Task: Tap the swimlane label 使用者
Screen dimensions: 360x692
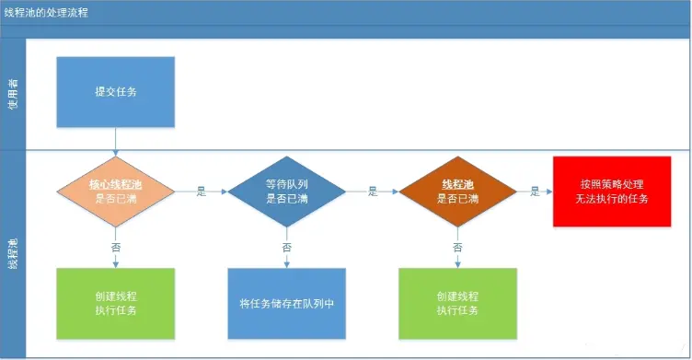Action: pyautogui.click(x=13, y=92)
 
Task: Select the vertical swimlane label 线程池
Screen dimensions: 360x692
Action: pyautogui.click(x=13, y=253)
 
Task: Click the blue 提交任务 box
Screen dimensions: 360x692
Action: pyautogui.click(x=116, y=92)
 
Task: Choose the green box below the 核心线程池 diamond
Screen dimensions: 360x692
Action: pyautogui.click(x=116, y=303)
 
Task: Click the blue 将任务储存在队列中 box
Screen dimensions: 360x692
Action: pyautogui.click(x=286, y=303)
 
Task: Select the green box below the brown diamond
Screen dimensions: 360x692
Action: pyautogui.click(x=457, y=303)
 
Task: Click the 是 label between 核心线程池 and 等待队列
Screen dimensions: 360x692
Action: pyautogui.click(x=202, y=192)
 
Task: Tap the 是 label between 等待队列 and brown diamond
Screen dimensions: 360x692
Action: pyautogui.click(x=373, y=192)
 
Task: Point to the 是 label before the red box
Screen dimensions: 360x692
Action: pyautogui.click(x=535, y=192)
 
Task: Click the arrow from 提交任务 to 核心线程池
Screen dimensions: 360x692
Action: pyautogui.click(x=116, y=140)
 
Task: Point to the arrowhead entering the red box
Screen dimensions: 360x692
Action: pyautogui.click(x=548, y=192)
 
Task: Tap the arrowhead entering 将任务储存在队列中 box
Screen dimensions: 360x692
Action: pyautogui.click(x=286, y=264)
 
